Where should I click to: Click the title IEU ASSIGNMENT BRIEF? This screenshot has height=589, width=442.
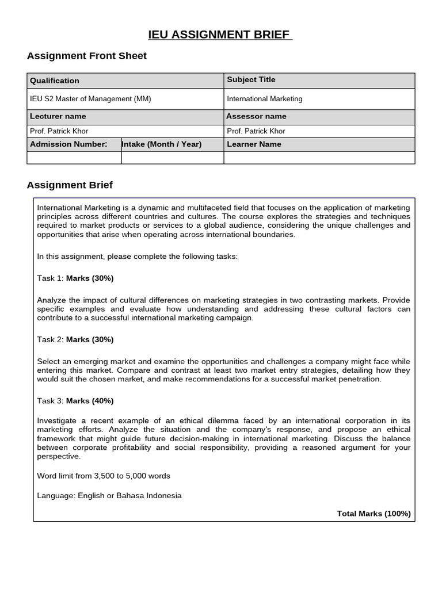click(x=220, y=35)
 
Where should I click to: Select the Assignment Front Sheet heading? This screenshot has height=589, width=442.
click(x=87, y=56)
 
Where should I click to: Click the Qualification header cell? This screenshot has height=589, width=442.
click(x=55, y=81)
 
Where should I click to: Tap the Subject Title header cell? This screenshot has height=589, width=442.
click(x=251, y=79)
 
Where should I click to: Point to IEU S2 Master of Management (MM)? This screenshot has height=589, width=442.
click(x=90, y=99)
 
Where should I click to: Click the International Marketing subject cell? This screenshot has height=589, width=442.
click(x=264, y=99)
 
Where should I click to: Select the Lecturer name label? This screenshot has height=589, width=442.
click(x=58, y=116)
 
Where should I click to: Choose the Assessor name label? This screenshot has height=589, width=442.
click(x=256, y=116)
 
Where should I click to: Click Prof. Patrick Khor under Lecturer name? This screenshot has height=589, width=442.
click(x=59, y=131)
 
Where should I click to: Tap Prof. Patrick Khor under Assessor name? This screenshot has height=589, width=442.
click(x=256, y=131)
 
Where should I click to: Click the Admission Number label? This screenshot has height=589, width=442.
click(x=68, y=144)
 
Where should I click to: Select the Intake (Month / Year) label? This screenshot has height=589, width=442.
click(x=162, y=144)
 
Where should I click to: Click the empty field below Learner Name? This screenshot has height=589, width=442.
click(x=319, y=158)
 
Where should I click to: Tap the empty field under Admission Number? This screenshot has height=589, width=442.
click(x=74, y=158)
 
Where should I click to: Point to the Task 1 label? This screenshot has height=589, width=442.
click(x=49, y=278)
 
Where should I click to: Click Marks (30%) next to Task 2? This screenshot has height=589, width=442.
click(x=90, y=340)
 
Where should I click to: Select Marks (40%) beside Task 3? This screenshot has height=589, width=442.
click(x=90, y=401)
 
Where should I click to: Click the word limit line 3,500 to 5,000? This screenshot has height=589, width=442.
click(x=104, y=476)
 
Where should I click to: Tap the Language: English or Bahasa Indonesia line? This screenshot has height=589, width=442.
click(x=109, y=496)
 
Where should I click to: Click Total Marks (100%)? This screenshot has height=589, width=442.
click(x=374, y=514)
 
